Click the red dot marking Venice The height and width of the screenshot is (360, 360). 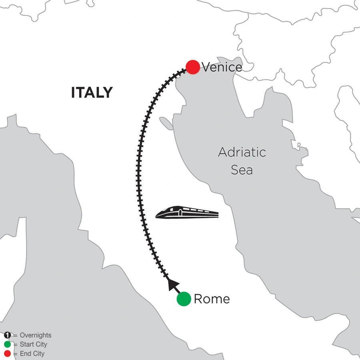193,67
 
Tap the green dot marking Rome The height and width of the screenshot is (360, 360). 184,299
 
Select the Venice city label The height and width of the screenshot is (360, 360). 222,67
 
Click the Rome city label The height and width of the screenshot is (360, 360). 212,299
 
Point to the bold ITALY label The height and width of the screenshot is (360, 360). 92,93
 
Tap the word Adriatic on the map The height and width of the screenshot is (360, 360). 242,152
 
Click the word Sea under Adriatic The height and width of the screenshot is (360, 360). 242,170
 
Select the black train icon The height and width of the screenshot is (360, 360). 187,212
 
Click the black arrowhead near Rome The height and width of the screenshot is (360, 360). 172,284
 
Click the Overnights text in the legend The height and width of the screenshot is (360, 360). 35,336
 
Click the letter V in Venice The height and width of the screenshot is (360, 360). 206,67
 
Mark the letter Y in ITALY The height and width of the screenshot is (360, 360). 108,93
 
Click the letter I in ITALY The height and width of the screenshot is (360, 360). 73,93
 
